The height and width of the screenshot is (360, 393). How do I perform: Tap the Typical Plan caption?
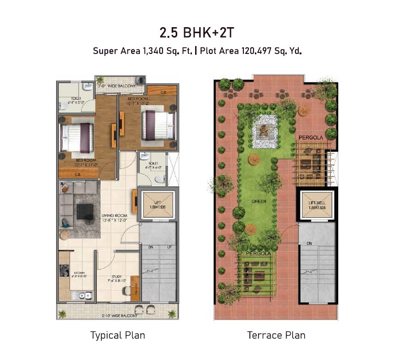117,335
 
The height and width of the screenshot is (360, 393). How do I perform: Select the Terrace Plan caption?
276,335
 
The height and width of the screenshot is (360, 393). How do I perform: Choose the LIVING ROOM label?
114,215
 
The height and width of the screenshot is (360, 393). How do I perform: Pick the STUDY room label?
116,277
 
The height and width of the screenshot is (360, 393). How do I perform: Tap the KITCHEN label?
79,273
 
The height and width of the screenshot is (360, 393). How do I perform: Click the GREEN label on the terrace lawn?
259,201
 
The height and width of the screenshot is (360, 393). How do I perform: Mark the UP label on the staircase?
170,247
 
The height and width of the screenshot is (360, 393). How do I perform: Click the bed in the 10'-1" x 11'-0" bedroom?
77,138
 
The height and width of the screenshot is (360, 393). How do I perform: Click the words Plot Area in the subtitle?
219,51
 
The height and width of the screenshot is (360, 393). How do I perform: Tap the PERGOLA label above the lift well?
311,137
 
